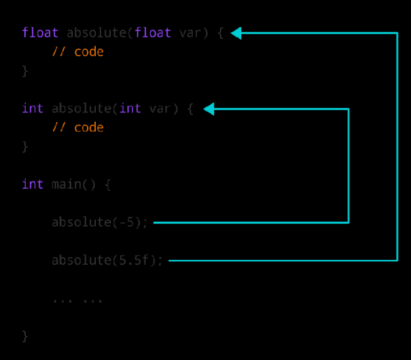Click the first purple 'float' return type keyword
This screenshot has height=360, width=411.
[x=40, y=33]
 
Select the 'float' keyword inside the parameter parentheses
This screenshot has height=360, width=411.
[x=153, y=33]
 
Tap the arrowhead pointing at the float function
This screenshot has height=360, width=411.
[x=236, y=33]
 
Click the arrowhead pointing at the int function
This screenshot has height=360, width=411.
[x=209, y=109]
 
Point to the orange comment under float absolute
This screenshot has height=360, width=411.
[x=78, y=52]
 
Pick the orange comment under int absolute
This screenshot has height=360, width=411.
[x=78, y=127]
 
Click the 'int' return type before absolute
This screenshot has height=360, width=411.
[x=33, y=109]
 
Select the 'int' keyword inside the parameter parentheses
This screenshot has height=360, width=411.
[x=130, y=109]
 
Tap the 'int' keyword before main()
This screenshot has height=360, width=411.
[x=33, y=184]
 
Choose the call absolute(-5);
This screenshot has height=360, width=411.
[x=100, y=222]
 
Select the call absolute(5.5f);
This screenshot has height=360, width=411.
[x=107, y=260]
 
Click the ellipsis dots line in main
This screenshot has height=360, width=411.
[x=77, y=299]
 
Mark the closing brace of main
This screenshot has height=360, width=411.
[x=25, y=336]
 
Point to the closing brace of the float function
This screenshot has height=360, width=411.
[x=25, y=71]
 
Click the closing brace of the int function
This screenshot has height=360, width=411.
[x=25, y=147]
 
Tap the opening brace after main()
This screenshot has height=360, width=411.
[x=107, y=185]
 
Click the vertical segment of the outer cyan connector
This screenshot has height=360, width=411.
[x=397, y=147]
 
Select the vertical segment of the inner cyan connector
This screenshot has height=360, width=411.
[x=348, y=166]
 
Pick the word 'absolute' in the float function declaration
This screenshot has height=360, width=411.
[x=96, y=33]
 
